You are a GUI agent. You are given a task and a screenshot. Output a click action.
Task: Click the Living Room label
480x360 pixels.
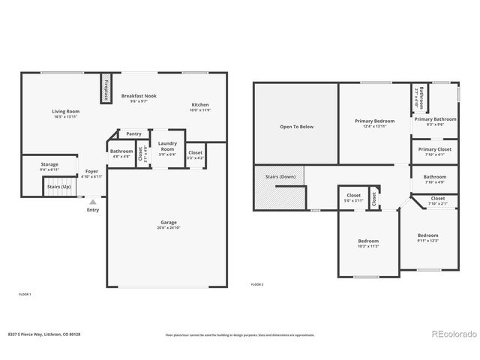click(66, 111)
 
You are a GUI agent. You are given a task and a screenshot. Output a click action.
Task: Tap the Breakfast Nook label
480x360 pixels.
click(139, 95)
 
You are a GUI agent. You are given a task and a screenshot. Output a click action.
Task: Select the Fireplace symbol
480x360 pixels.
click(106, 89)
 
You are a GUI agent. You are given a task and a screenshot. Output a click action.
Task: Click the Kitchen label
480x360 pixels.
click(200, 104)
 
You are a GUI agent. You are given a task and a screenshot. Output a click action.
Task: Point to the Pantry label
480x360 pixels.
click(133, 133)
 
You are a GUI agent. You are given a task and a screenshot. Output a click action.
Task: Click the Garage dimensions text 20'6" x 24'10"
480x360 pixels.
click(169, 227)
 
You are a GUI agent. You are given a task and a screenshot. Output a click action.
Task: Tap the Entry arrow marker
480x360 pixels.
click(92, 201)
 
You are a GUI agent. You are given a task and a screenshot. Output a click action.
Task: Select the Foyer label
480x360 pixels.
click(91, 171)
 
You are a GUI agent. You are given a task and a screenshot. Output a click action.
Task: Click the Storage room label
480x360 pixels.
click(49, 163)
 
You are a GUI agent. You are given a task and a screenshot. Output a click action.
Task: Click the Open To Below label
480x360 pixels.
click(296, 127)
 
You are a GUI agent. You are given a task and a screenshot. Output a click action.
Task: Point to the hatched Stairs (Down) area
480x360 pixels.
click(279, 187)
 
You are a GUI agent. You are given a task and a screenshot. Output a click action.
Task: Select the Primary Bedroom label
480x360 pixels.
click(374, 121)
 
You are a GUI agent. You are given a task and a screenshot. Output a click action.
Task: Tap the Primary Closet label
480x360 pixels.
click(434, 149)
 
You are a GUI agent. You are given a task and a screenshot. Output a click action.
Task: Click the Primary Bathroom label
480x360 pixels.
click(435, 118)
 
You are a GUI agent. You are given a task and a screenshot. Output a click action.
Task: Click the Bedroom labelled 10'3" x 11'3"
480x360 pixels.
click(367, 241)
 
